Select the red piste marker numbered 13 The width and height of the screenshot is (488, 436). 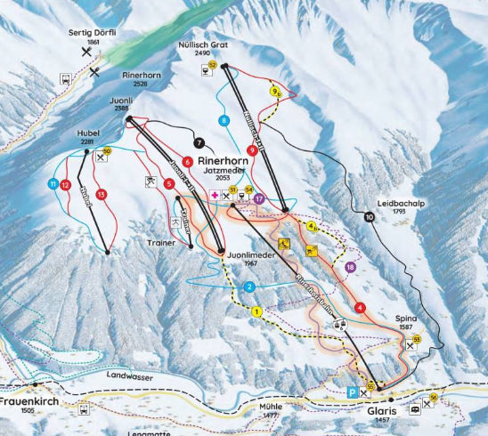point(101,194)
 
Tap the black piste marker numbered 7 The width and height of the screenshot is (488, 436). point(199,141)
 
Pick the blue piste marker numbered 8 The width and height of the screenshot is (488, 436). point(224,120)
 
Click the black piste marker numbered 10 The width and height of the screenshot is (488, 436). point(369,216)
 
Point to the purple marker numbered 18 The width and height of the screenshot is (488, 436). point(350,267)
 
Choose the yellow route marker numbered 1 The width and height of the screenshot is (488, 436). point(256,311)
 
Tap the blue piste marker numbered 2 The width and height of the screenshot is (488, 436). point(250,287)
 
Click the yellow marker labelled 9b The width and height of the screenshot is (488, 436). point(274,92)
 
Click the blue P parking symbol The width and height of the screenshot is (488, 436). point(353,392)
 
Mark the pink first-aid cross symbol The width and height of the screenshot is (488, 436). point(214,193)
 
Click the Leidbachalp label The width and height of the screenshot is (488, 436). point(396,202)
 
